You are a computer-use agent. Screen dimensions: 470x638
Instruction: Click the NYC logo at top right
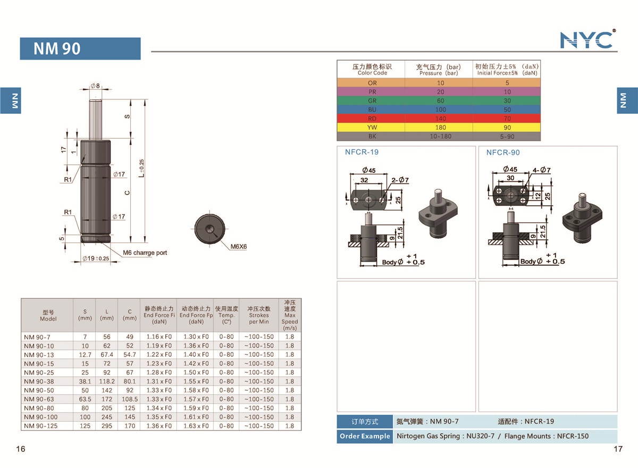tap(587, 39)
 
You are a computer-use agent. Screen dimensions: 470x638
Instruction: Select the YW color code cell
tap(372, 127)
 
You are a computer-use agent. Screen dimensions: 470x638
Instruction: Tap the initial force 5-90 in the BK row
tap(507, 136)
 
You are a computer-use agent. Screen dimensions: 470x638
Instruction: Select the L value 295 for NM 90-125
tap(107, 426)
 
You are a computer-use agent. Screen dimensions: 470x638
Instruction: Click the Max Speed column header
tap(290, 315)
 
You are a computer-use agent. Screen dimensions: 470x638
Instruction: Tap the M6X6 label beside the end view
tap(239, 247)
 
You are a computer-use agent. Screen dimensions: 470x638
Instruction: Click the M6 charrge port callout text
tap(145, 253)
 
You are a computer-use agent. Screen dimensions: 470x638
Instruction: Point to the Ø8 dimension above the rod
tap(95, 86)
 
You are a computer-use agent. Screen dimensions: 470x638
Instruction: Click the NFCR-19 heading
tap(362, 152)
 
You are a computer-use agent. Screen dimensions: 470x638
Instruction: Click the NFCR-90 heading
tap(503, 153)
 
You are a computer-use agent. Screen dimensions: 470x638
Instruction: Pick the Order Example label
tap(365, 436)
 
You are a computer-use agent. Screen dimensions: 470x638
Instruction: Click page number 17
tap(618, 449)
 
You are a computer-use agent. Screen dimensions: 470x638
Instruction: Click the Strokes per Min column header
tap(259, 315)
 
